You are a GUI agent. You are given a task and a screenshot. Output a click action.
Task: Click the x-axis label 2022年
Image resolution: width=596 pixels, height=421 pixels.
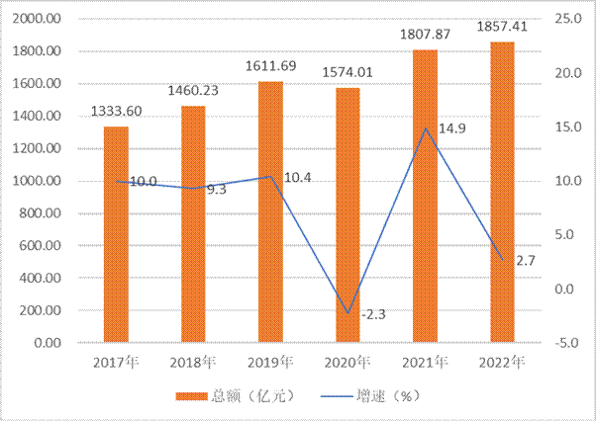[502, 362]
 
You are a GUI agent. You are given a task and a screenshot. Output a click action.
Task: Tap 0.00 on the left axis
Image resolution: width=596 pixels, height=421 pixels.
[50, 343]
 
